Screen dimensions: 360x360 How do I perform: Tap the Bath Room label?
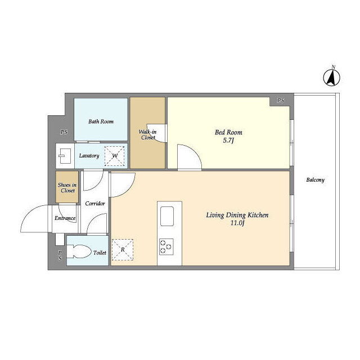[101, 121]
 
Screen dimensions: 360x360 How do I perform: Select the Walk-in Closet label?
[147, 135]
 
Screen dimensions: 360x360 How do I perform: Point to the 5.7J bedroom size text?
[228, 141]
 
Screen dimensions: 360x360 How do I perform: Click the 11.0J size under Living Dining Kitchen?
[237, 223]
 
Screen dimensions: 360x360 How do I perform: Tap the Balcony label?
[316, 180]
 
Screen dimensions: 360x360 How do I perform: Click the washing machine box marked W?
[115, 156]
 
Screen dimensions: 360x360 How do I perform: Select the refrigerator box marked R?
[123, 250]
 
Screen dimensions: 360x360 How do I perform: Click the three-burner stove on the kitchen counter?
[166, 247]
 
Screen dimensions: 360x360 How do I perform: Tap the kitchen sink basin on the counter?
[167, 216]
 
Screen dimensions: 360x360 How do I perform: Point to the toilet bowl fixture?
[79, 251]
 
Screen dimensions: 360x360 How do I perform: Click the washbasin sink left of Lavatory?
[65, 156]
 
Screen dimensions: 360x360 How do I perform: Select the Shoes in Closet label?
[67, 188]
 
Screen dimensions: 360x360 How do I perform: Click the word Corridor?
[95, 204]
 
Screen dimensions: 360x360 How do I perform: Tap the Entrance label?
[65, 218]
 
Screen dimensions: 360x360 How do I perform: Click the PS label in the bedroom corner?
[281, 101]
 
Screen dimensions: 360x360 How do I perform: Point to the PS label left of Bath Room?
[64, 132]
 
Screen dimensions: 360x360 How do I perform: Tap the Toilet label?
[100, 253]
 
